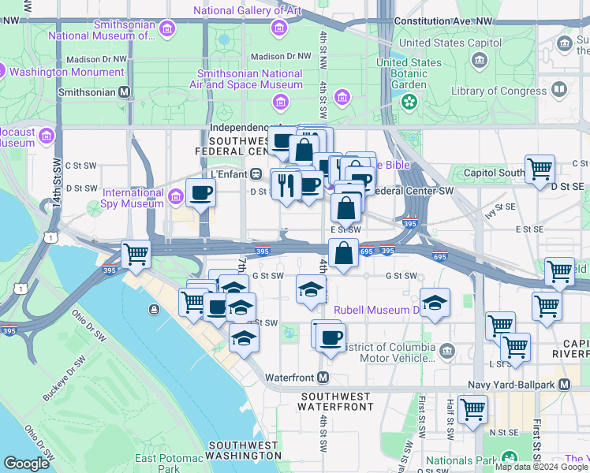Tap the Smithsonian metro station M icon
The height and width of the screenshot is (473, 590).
(x=124, y=91)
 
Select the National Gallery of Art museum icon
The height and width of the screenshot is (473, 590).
(x=277, y=28)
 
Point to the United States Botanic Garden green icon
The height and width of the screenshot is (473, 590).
(x=409, y=101)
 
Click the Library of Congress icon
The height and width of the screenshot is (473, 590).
(x=558, y=90)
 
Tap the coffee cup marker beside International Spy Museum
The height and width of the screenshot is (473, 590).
(x=200, y=193)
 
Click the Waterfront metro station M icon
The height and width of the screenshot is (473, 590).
(x=323, y=378)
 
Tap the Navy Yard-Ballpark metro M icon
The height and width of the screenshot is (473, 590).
(x=564, y=384)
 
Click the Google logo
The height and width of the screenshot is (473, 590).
(x=26, y=463)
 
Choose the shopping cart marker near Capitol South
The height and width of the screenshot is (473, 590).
(x=540, y=169)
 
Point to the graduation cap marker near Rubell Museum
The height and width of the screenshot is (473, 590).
(x=434, y=303)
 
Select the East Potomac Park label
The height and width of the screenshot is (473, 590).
(x=167, y=463)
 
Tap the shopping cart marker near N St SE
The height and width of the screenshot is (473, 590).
(x=472, y=409)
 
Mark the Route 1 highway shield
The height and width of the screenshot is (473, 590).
(x=51, y=237)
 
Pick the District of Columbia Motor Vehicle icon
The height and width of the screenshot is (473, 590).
(x=447, y=349)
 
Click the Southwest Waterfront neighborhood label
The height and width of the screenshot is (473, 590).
(x=336, y=401)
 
